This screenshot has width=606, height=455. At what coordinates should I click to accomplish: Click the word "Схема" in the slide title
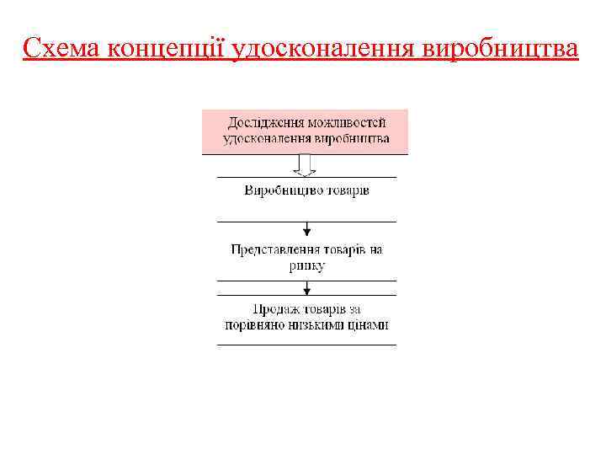62,49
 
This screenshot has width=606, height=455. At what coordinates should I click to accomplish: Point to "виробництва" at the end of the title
502,49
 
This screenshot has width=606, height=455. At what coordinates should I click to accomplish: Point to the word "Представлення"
274,250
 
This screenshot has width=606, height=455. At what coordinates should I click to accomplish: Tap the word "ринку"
306,265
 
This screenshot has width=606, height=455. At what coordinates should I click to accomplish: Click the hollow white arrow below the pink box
306,165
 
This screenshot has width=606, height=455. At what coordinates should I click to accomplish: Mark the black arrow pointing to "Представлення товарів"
306,229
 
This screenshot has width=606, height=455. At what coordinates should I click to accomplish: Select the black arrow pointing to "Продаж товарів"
306,288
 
